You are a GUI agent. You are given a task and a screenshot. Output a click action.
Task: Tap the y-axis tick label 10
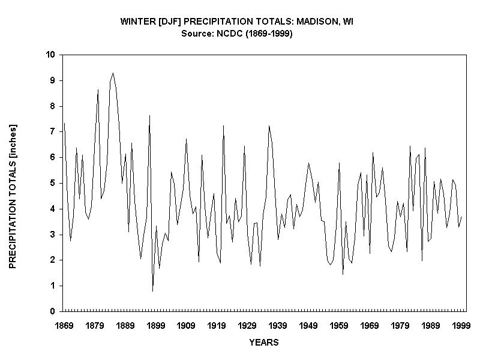pos(50,55)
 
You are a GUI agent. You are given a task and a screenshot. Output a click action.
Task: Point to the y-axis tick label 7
pos(53,131)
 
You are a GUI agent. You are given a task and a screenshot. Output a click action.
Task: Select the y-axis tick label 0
pos(53,311)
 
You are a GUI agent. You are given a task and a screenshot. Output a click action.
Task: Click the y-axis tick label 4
pos(53,209)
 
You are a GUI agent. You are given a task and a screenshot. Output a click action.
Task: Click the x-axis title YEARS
pos(263,343)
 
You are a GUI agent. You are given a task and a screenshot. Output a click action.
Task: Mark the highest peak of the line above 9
pos(113,73)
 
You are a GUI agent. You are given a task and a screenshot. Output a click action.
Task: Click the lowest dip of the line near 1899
pos(153,291)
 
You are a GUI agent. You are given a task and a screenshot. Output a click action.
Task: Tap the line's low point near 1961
pos(343,274)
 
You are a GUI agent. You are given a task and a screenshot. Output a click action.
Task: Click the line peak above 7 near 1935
pos(269,126)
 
